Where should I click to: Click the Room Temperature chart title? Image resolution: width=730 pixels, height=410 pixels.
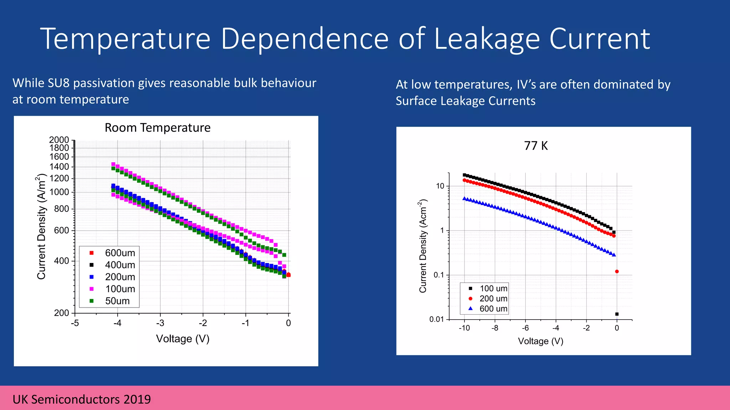[x=158, y=127]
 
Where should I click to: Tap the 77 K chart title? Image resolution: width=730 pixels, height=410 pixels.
[x=536, y=146]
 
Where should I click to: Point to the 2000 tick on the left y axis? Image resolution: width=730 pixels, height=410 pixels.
[x=59, y=140]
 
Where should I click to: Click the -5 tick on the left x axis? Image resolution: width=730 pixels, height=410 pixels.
[x=75, y=323]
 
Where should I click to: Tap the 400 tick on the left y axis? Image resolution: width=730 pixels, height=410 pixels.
[x=61, y=261]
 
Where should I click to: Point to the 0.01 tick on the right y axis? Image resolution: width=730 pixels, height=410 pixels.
[x=437, y=319]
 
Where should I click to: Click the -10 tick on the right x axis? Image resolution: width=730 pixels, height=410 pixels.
[x=464, y=328]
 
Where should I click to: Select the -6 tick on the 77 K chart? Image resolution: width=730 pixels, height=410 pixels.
[x=525, y=328]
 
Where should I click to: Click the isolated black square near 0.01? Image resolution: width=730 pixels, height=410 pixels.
[x=617, y=314]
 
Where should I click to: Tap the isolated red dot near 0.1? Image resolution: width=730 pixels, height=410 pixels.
[x=617, y=272]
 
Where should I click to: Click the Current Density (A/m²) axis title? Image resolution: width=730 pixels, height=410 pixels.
[x=42, y=226]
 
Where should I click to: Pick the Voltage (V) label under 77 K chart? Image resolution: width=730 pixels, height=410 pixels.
[x=540, y=341]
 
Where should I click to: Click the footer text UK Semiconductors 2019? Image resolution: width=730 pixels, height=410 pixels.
[x=82, y=399]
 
